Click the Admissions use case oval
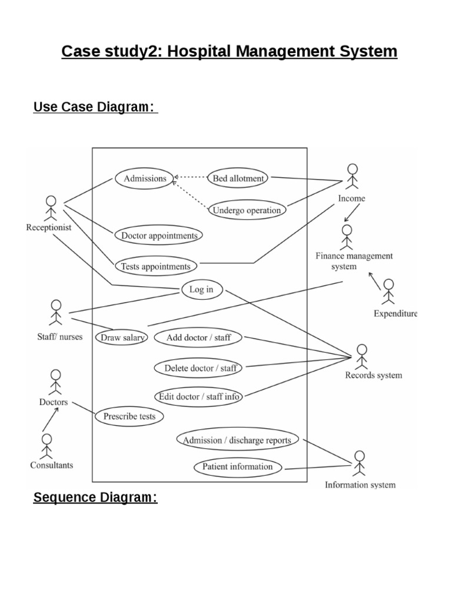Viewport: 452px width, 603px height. click(145, 178)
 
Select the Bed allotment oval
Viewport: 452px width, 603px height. click(238, 178)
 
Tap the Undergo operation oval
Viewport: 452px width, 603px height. click(247, 210)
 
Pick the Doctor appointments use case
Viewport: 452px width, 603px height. click(159, 236)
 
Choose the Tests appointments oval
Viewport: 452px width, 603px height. click(155, 266)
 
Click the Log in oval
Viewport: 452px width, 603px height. click(201, 289)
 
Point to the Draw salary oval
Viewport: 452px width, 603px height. click(122, 337)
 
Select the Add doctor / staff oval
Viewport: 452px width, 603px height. click(198, 337)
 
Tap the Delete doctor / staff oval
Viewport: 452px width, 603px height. click(200, 368)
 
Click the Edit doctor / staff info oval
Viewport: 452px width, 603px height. click(199, 396)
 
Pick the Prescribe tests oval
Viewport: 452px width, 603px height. click(129, 416)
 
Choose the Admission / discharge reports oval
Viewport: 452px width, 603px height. click(237, 440)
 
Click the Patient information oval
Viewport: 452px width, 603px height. click(238, 467)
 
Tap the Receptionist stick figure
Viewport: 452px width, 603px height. click(50, 207)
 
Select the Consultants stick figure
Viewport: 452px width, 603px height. click(47, 446)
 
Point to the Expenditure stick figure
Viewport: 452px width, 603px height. click(388, 292)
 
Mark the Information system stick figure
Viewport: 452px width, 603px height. click(359, 463)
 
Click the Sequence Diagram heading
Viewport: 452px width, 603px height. click(95, 498)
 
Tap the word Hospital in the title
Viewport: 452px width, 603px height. click(201, 52)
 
